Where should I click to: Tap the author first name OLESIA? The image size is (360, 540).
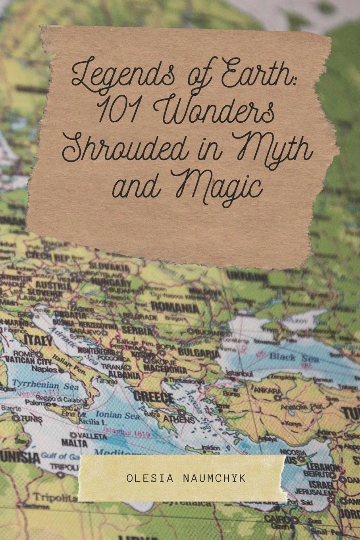(144, 478)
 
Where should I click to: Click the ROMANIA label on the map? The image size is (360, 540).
(175, 307)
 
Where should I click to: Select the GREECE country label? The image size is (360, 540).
(154, 396)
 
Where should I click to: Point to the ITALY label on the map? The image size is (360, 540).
(38, 341)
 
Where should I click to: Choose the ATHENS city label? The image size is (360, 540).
(180, 419)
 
